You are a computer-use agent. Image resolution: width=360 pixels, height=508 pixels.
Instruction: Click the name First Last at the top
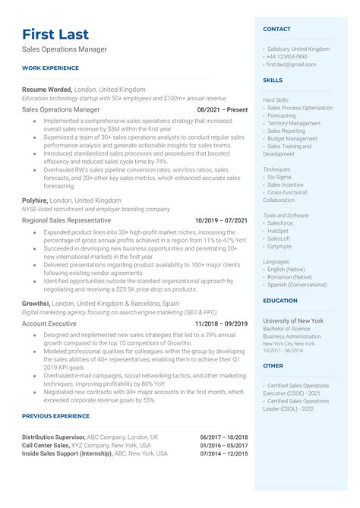coord(55,34)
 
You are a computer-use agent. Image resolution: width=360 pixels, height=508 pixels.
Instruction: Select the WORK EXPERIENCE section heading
coord(50,68)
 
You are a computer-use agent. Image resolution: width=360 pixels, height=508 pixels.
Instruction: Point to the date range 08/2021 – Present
coord(222,109)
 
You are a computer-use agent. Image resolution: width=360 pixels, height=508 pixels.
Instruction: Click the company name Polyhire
coord(36,200)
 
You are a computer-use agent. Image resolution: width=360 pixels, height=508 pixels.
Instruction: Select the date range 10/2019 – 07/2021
coord(221,220)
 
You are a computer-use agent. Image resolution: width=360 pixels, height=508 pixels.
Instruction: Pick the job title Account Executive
coord(50,323)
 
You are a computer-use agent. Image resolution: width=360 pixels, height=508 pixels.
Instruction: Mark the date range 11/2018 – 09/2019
coord(221,323)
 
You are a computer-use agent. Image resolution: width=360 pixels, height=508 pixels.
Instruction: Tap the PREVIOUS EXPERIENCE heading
coord(56,415)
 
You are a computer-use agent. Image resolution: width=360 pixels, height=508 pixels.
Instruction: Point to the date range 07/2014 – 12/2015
coord(224,453)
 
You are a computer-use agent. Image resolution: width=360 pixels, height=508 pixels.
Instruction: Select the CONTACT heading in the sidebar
coord(276,29)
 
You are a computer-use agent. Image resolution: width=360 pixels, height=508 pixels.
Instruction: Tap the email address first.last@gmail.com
coord(293,65)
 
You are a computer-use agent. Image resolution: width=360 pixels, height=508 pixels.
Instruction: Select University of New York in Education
coord(292,320)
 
